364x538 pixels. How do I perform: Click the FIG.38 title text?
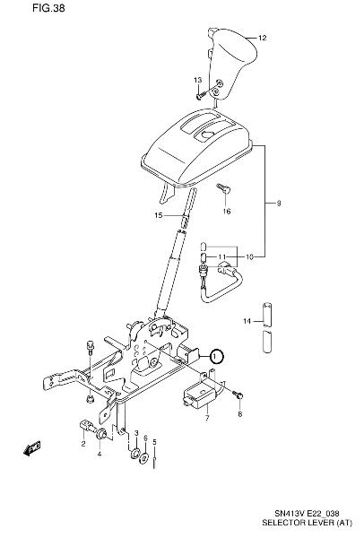48,8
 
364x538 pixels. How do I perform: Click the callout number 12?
262,38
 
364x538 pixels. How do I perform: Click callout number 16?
227,212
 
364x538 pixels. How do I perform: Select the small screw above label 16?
224,188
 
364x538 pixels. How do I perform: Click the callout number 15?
159,216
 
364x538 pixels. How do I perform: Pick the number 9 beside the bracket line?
279,204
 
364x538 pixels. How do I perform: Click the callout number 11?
222,256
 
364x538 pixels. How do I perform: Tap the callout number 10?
249,256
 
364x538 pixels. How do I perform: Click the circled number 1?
215,357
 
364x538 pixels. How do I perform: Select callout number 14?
247,321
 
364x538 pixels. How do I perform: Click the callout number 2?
83,444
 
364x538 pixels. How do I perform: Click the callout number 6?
145,438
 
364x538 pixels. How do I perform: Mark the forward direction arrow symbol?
32,448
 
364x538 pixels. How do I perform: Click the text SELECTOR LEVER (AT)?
307,523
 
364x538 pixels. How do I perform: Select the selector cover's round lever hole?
207,134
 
